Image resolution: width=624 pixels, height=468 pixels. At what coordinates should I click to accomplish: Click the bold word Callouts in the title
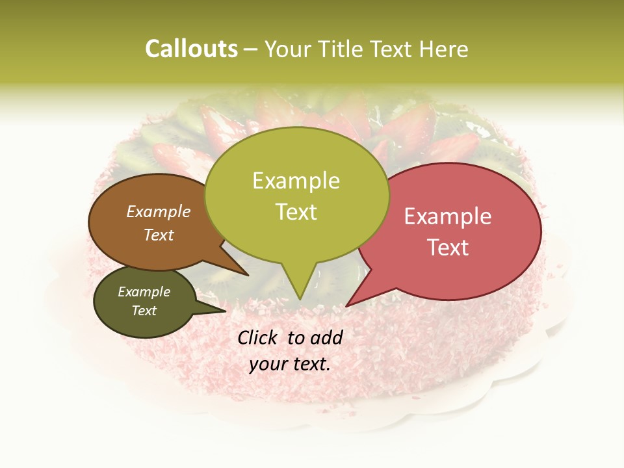(191, 49)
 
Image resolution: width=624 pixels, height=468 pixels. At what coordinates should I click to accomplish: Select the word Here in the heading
(444, 49)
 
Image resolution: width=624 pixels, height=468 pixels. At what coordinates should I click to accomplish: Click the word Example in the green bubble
(296, 181)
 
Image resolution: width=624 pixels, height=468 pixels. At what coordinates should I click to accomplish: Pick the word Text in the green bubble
(296, 211)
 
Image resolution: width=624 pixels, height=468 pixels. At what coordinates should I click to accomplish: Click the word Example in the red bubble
(448, 216)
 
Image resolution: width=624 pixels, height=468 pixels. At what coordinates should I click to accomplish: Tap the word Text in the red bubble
(448, 247)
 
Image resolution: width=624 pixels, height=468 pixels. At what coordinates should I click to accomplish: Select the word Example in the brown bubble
(159, 211)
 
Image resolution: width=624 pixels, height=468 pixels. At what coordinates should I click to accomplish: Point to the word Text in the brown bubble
(159, 235)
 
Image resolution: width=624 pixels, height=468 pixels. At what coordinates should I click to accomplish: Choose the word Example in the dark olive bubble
(144, 292)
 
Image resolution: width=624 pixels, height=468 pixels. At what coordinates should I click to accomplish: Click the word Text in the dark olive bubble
(144, 311)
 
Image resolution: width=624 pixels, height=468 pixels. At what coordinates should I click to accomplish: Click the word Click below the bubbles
(258, 337)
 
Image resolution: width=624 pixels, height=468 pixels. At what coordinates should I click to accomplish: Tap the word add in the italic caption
(327, 337)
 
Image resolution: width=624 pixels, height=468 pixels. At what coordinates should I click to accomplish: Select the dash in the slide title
(252, 49)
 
